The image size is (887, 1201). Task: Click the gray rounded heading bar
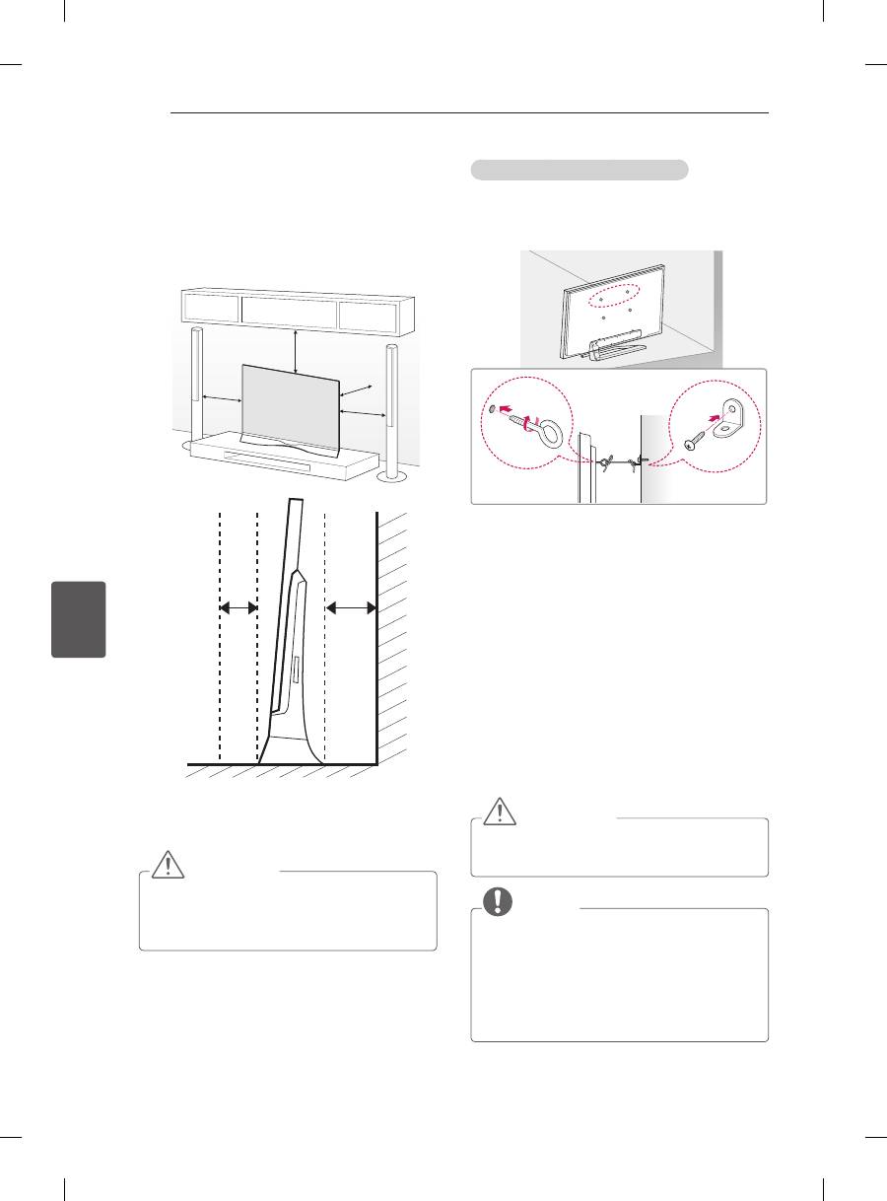[579, 170]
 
